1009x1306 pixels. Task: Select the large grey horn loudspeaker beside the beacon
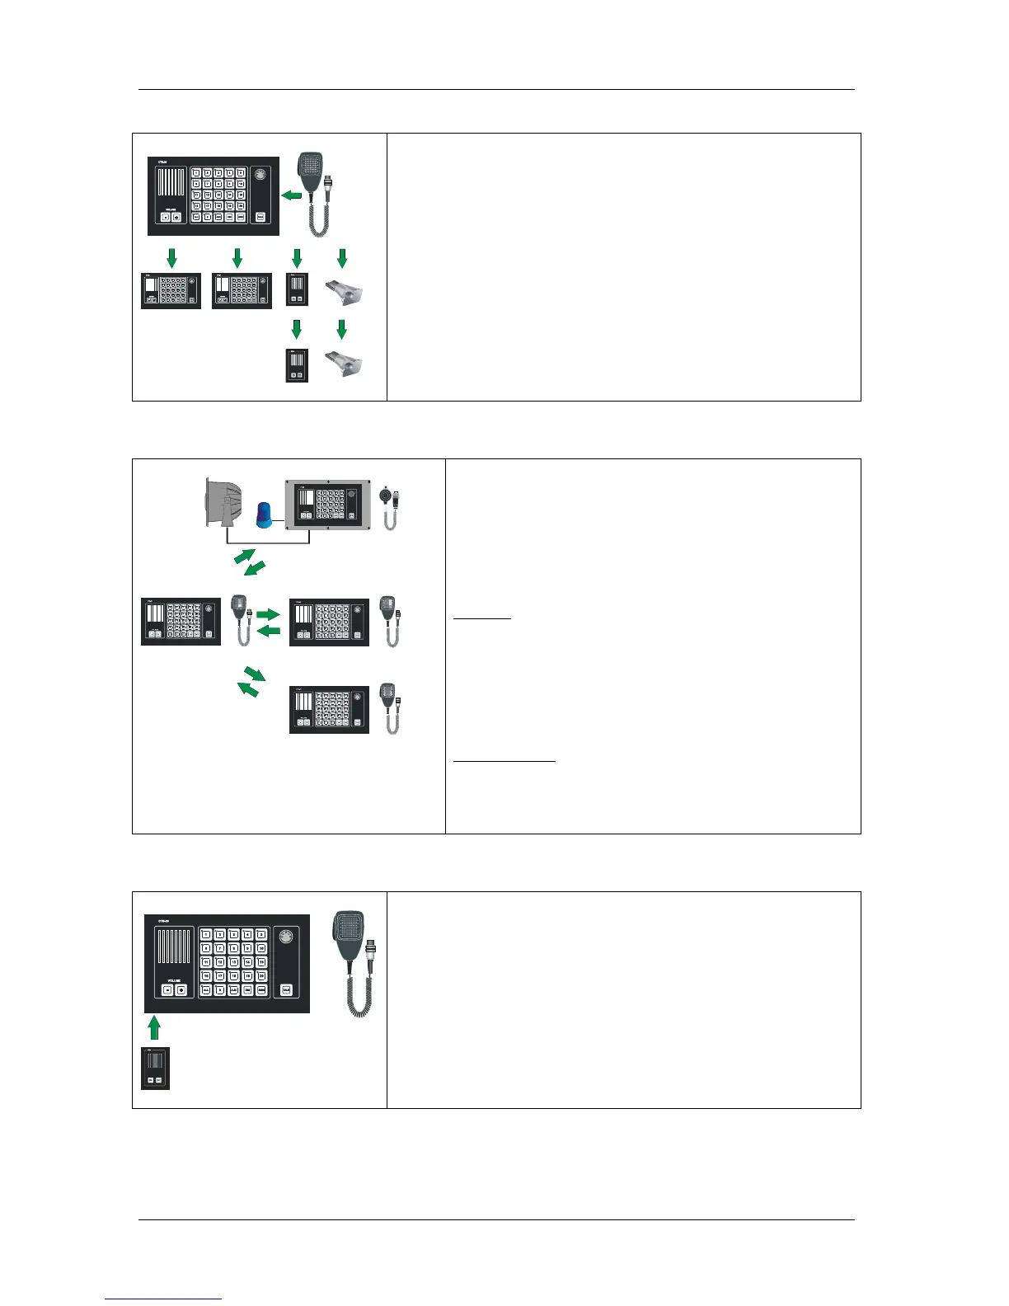coord(222,503)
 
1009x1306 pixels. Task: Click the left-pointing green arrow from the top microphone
coord(291,195)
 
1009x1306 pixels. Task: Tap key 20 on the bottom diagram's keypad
coord(262,975)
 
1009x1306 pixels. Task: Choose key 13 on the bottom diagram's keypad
coord(225,961)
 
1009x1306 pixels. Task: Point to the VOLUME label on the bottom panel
coord(174,975)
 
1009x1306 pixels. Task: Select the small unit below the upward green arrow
coord(155,1068)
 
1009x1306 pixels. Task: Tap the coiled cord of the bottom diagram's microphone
coord(356,994)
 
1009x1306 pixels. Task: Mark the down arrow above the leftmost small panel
coord(171,259)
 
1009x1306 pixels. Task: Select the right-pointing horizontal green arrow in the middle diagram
coord(269,614)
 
